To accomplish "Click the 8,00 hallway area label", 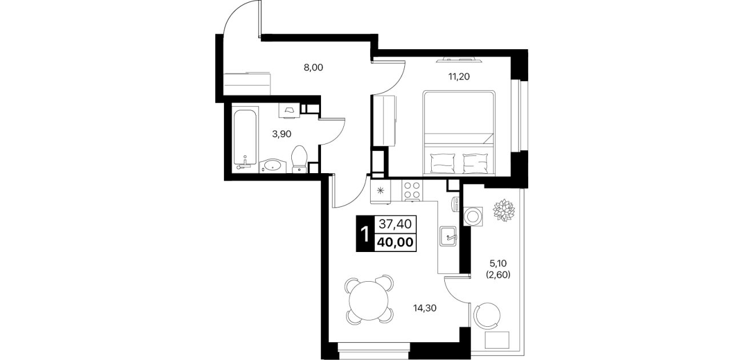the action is pyautogui.click(x=81, y=67).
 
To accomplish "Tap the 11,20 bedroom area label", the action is pyautogui.click(x=459, y=77).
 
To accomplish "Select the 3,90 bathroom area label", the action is pyautogui.click(x=282, y=134).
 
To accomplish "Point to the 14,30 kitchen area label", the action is pyautogui.click(x=424, y=309).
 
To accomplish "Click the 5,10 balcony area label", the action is pyautogui.click(x=498, y=264).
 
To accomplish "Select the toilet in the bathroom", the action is pyautogui.click(x=299, y=159).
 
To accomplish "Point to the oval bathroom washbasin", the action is pyautogui.click(x=272, y=166).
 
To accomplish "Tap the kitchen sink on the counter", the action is pyautogui.click(x=448, y=236).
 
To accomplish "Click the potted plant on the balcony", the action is pyautogui.click(x=504, y=210).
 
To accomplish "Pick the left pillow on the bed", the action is pyautogui.click(x=443, y=163).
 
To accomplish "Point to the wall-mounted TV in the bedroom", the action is pyautogui.click(x=459, y=60).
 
